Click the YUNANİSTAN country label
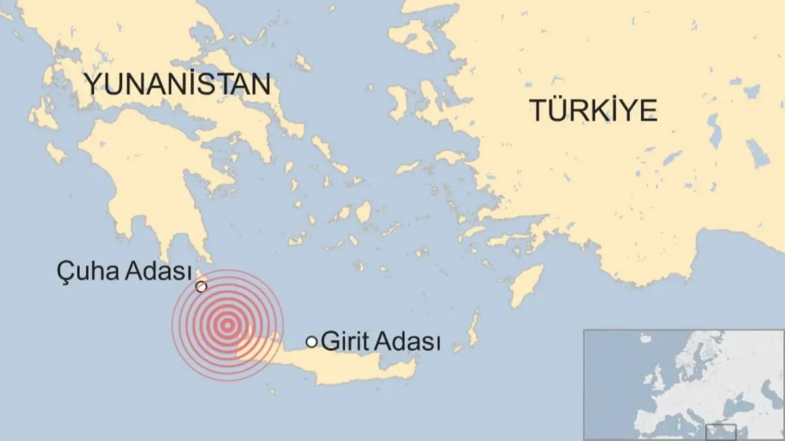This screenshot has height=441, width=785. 177,84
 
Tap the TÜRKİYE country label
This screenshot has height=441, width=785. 593,110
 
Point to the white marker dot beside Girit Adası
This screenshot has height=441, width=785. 312,341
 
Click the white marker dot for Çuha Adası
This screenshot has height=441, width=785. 201,286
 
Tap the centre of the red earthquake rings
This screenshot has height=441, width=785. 227,325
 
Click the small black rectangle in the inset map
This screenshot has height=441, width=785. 721,432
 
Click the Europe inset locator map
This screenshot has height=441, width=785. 684,384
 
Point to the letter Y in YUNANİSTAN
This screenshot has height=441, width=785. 91,84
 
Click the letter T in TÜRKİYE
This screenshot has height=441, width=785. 538,110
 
